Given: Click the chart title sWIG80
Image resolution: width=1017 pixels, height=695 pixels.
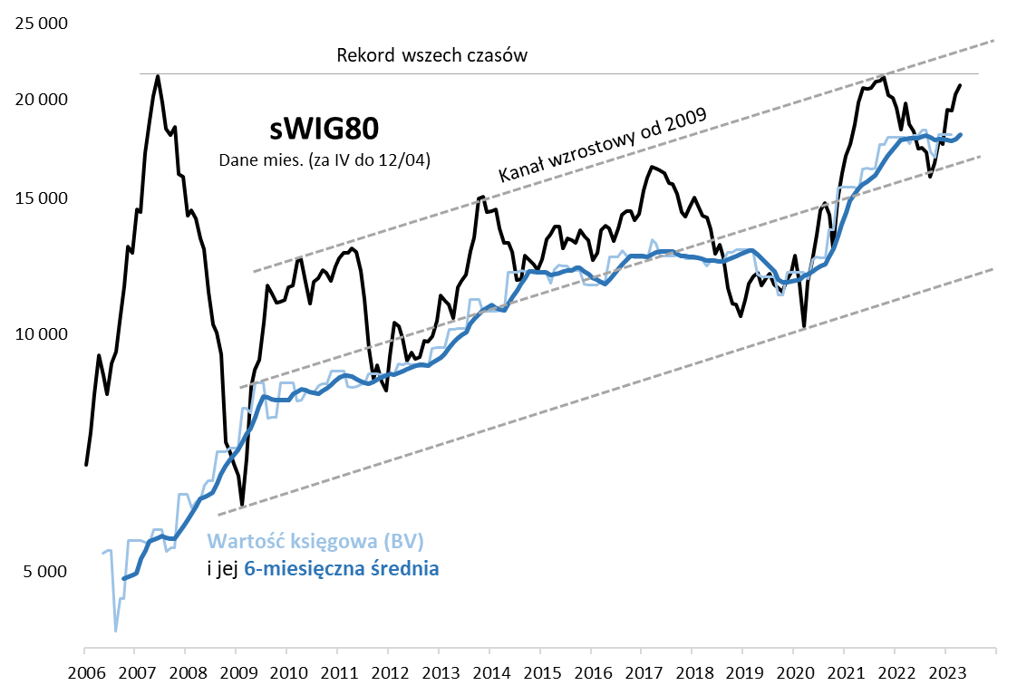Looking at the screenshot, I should pyautogui.click(x=324, y=129).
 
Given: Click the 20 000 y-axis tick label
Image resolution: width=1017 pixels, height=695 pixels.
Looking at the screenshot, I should pyautogui.click(x=43, y=100).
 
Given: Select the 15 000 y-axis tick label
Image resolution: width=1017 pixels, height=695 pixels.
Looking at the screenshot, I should pyautogui.click(x=43, y=198).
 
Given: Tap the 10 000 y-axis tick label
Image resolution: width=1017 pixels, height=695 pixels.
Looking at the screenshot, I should pyautogui.click(x=43, y=334).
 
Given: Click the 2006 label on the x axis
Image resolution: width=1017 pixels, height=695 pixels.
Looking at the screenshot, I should pyautogui.click(x=84, y=673).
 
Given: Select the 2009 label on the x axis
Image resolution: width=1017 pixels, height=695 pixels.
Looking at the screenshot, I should pyautogui.click(x=236, y=673).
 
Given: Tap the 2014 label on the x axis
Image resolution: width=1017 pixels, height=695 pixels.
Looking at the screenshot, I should pyautogui.click(x=489, y=673).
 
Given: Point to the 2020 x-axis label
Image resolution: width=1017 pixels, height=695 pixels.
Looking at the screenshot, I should pyautogui.click(x=793, y=673).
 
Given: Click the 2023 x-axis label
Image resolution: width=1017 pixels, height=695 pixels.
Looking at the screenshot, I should pyautogui.click(x=945, y=673).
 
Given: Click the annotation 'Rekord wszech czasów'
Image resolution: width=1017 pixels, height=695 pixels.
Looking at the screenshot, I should pyautogui.click(x=431, y=54).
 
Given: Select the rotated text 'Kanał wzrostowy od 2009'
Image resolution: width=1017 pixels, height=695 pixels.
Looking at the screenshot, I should pyautogui.click(x=604, y=144).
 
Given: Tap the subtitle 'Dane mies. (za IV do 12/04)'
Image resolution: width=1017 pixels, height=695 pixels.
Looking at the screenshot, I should pyautogui.click(x=324, y=160).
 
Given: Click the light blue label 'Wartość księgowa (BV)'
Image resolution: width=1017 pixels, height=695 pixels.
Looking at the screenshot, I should pyautogui.click(x=316, y=542).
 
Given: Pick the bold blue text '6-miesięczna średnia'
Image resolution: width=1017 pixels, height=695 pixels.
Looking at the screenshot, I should pyautogui.click(x=342, y=569).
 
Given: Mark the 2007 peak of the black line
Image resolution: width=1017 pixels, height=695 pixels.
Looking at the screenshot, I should pyautogui.click(x=158, y=76).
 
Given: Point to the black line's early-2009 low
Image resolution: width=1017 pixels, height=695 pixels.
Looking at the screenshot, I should pyautogui.click(x=242, y=504).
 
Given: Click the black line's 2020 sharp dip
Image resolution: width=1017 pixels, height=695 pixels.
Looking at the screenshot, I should pyautogui.click(x=804, y=325).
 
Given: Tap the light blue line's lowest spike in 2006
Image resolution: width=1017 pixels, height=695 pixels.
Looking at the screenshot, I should pyautogui.click(x=115, y=631).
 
